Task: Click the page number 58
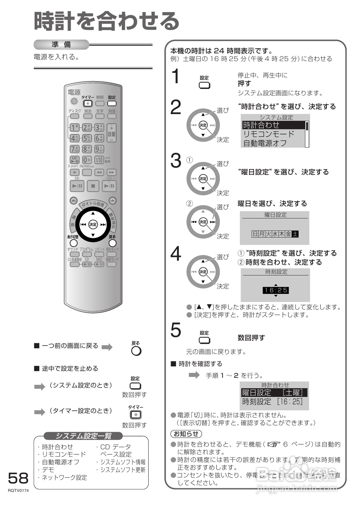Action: click(18, 478)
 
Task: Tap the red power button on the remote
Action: click(74, 101)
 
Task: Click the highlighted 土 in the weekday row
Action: click(295, 234)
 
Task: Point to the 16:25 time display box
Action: click(275, 290)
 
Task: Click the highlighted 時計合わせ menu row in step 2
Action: click(273, 125)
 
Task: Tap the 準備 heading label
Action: click(61, 45)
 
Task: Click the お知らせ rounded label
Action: click(186, 434)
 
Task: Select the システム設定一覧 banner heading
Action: click(83, 436)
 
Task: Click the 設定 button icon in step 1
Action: click(204, 85)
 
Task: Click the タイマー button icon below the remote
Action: click(136, 415)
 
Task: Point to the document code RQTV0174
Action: click(18, 491)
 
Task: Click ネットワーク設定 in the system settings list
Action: click(64, 477)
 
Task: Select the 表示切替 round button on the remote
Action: click(73, 243)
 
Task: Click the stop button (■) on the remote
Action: click(93, 186)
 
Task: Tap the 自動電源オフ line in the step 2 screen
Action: click(265, 143)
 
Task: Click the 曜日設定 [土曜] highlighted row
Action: click(274, 393)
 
